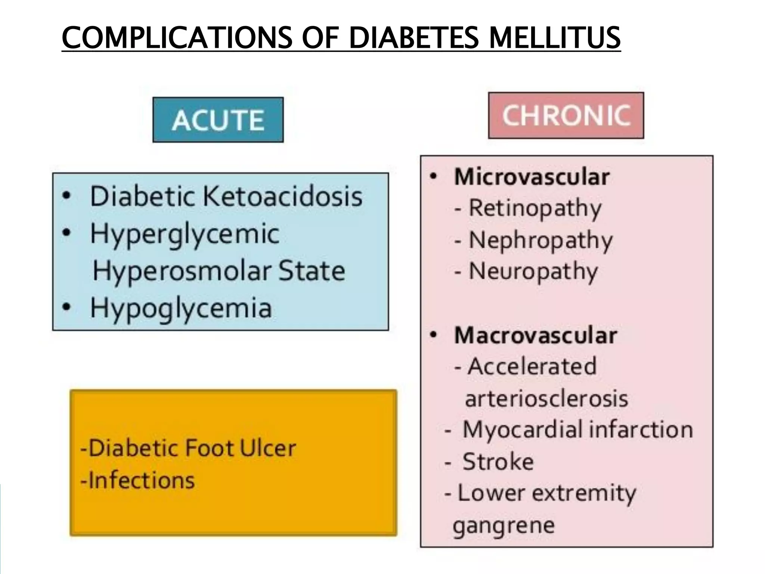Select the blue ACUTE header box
tap(218, 120)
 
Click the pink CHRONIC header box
tap(566, 115)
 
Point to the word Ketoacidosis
tap(282, 196)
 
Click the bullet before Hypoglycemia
tap(66, 307)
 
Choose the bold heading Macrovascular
tap(535, 335)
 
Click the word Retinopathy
tap(535, 208)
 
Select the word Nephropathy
tap(541, 240)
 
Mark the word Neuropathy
tap(533, 272)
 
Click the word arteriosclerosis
tap(546, 398)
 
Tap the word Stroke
tap(498, 462)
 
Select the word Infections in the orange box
tap(142, 480)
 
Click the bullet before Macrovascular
tap(433, 335)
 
